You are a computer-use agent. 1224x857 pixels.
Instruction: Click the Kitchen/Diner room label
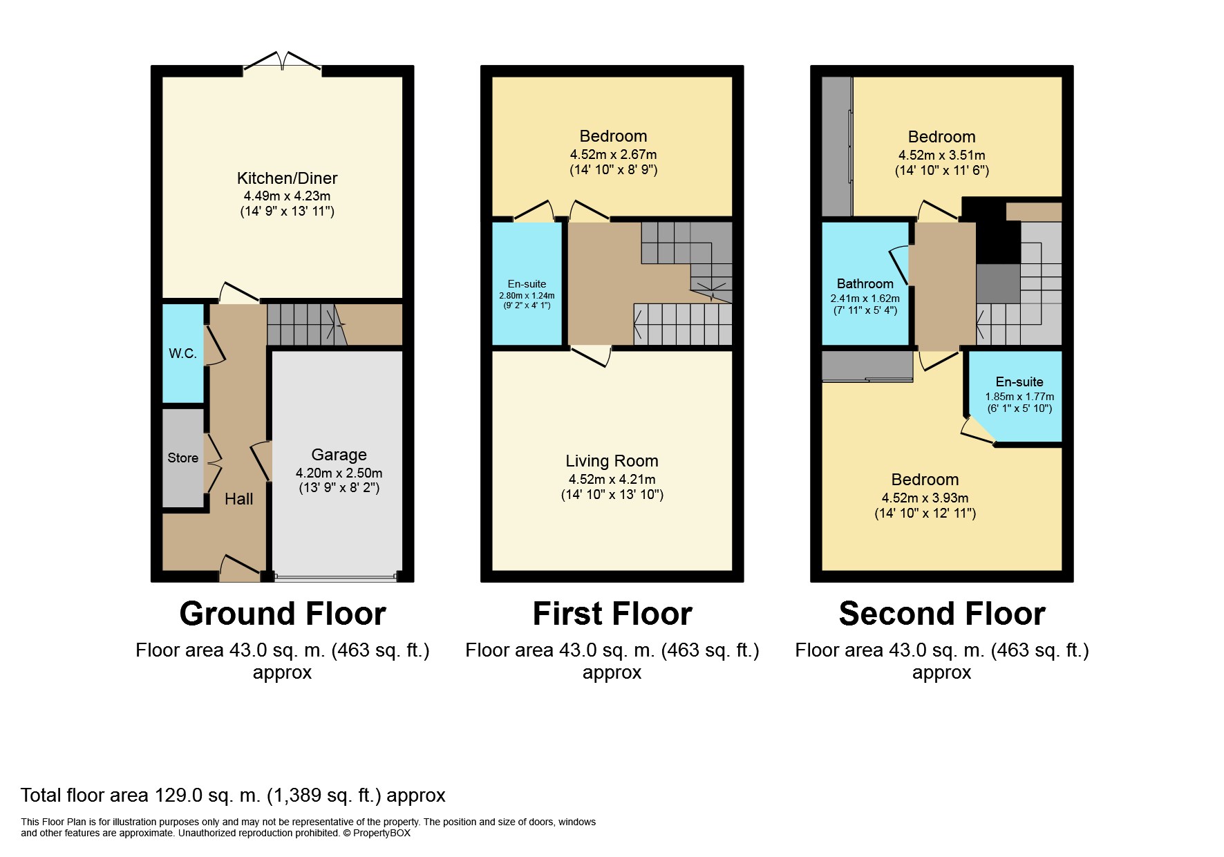[287, 178]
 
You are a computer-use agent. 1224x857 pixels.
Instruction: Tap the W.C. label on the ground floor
[182, 353]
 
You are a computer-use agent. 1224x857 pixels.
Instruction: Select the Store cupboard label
[182, 458]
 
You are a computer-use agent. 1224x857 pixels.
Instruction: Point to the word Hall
[238, 499]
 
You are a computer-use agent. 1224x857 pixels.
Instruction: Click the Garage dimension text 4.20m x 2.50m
[339, 473]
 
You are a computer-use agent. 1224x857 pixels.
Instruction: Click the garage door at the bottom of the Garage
[336, 576]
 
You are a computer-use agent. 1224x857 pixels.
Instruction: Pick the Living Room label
[612, 461]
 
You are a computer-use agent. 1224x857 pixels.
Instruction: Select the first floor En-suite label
[527, 284]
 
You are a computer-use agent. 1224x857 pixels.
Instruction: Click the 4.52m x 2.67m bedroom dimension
[613, 155]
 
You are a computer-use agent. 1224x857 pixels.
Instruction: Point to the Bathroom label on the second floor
[865, 284]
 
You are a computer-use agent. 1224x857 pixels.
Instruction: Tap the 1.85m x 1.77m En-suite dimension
[1019, 397]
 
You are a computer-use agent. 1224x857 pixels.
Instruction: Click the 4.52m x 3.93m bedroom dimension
[925, 498]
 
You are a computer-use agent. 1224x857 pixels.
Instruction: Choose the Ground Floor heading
[282, 614]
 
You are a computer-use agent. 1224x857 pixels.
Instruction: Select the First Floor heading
[612, 614]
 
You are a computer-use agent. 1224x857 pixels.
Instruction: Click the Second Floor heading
[942, 614]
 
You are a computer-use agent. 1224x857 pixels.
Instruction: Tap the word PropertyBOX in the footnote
[382, 834]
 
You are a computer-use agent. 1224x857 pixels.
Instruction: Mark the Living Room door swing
[592, 355]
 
